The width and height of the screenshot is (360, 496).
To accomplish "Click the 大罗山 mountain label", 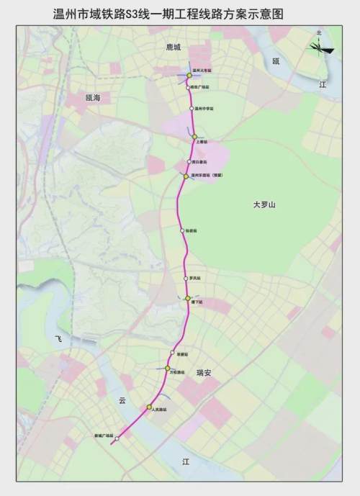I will [264, 205].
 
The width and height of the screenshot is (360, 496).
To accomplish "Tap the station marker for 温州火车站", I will [189, 76].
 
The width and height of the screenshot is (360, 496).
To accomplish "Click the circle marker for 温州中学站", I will [189, 108].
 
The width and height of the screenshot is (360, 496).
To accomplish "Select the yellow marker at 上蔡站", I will [194, 136].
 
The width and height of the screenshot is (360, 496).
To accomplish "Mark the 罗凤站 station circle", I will [186, 277].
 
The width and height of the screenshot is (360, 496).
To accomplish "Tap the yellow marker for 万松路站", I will [167, 368].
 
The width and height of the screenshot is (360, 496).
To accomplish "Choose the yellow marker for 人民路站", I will [149, 407].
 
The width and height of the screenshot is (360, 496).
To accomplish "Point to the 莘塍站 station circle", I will [173, 353].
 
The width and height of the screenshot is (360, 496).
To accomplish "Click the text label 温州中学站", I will [204, 109].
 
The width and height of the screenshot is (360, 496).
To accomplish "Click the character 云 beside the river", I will [122, 400].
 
